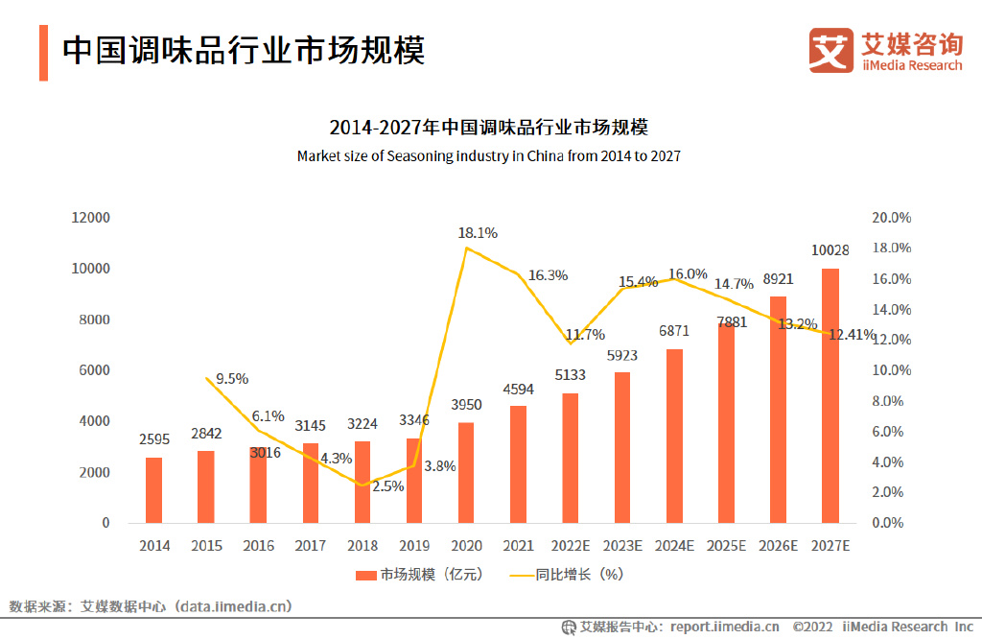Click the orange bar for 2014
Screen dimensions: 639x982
154,490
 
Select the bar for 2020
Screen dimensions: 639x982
466,473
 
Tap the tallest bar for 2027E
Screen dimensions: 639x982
830,395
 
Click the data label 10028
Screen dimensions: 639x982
830,250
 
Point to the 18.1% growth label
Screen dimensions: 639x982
478,232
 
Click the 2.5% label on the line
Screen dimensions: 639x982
388,485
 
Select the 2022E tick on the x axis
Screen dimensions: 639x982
571,546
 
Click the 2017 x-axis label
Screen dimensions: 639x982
311,546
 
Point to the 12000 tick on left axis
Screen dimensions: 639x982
90,218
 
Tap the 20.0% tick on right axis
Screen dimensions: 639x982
891,218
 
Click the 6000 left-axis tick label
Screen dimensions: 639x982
95,370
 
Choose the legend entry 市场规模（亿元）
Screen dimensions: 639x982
418,575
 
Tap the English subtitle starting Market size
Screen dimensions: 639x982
489,155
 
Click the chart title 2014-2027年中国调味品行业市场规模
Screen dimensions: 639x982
489,128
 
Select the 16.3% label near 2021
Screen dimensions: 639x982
548,275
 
